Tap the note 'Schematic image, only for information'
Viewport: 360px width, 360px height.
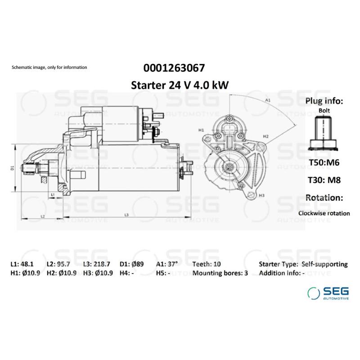[49, 67]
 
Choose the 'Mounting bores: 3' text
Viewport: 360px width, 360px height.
[220, 273]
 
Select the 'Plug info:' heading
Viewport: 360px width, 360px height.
[324, 101]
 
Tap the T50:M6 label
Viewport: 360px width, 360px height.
[324, 162]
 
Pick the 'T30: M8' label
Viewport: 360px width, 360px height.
[324, 180]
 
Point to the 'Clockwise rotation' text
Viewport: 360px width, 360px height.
[324, 213]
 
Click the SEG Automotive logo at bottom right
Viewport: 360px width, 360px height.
[327, 293]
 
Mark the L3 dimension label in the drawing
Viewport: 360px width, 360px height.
[126, 215]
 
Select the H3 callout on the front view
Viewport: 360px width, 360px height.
[261, 195]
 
